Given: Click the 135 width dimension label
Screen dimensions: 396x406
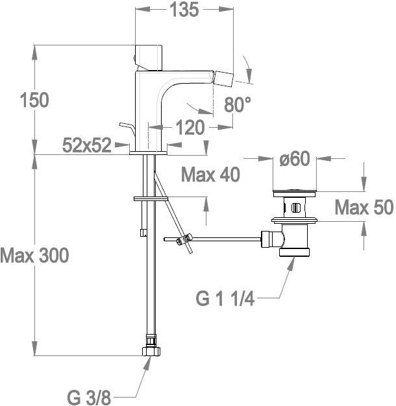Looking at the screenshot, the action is pyautogui.click(x=184, y=10).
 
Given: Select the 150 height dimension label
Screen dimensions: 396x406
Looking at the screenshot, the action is pyautogui.click(x=34, y=100).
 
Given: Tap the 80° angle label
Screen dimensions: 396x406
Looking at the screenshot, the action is pyautogui.click(x=238, y=104).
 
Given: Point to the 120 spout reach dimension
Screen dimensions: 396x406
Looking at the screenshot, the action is pyautogui.click(x=190, y=127).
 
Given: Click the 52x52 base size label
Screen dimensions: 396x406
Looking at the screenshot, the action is pyautogui.click(x=87, y=145).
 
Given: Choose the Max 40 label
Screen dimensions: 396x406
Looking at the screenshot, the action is pyautogui.click(x=210, y=174).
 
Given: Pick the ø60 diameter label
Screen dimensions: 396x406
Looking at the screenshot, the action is pyautogui.click(x=295, y=158).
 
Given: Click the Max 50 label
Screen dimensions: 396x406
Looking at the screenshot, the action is pyautogui.click(x=364, y=208).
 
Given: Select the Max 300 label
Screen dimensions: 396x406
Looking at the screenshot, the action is pyautogui.click(x=34, y=256).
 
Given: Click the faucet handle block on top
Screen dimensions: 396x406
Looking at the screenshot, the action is pyautogui.click(x=149, y=58).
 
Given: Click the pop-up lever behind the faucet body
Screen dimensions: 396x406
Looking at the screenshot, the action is pyautogui.click(x=127, y=129).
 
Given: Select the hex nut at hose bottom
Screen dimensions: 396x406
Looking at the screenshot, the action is pyautogui.click(x=151, y=351).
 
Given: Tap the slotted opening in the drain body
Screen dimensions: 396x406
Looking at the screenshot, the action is pyautogui.click(x=295, y=208).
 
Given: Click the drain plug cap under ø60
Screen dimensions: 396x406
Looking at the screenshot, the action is pyautogui.click(x=295, y=193).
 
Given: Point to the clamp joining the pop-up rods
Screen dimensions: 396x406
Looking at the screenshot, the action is pyautogui.click(x=184, y=239).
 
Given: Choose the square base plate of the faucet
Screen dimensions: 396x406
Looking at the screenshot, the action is pyautogui.click(x=148, y=153).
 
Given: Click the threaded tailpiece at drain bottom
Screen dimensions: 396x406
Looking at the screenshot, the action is pyautogui.click(x=295, y=252).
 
